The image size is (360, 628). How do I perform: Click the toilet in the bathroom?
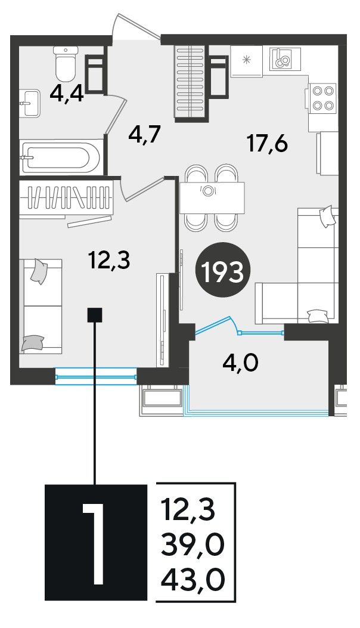pos(66,63)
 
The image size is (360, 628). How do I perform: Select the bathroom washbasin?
pos(30,103)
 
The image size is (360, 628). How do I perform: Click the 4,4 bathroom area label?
pos(67,94)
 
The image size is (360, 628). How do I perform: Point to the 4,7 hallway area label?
pos(145,135)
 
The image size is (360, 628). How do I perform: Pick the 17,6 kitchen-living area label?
pos(268,143)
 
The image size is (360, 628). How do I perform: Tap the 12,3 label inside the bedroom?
pos(110,261)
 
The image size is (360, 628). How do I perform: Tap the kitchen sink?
pos(285,58)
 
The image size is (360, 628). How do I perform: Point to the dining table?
pos(212,197)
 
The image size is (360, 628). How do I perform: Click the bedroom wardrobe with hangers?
pos(66,199)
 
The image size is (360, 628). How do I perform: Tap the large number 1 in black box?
pos(96,543)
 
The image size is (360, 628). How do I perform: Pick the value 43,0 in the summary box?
pos(192,578)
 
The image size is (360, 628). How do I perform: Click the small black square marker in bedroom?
pos(95,315)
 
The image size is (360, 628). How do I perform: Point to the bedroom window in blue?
pos(96,376)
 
